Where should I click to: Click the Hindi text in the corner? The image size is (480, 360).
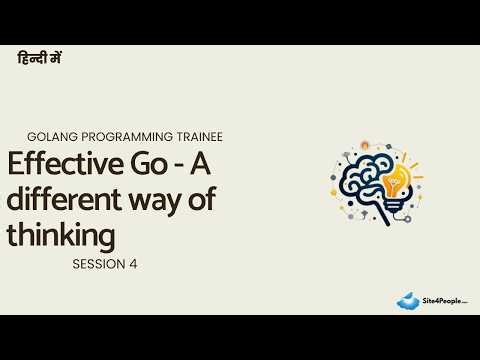41,60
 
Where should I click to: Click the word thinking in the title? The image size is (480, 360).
61,236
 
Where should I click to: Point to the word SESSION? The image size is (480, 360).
96,265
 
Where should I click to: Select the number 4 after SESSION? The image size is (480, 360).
132,265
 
